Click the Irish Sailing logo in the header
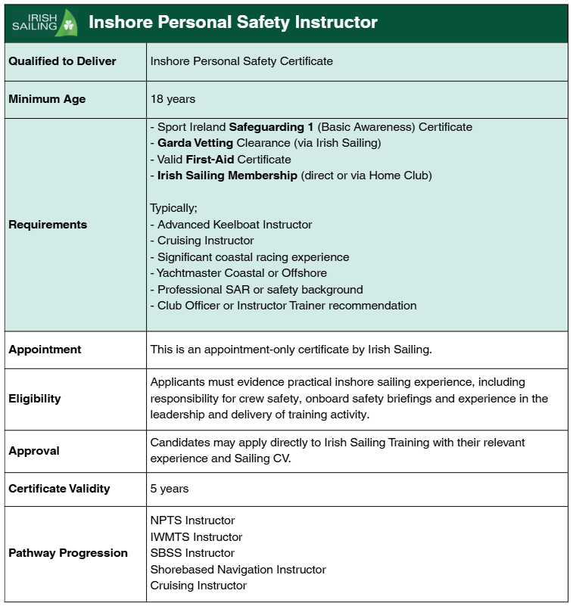[44, 23]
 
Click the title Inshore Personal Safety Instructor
[232, 23]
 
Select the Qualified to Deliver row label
[62, 61]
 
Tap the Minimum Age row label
[47, 99]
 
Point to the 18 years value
[173, 99]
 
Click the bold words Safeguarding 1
[271, 127]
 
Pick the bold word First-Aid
[210, 160]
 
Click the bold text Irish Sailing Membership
[227, 176]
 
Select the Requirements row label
[48, 225]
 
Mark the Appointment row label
[45, 350]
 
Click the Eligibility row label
[35, 399]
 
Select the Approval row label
[34, 451]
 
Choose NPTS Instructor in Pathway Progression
[192, 521]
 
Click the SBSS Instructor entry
[192, 553]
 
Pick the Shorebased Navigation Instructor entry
[238, 570]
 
